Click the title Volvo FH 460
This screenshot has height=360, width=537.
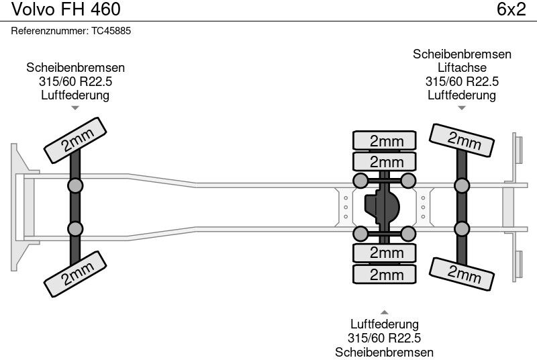[66, 9]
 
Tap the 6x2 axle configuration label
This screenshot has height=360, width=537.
[511, 9]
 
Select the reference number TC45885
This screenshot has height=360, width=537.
[111, 31]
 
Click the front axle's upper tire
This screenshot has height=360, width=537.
[75, 140]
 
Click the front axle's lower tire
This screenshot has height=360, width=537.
[75, 274]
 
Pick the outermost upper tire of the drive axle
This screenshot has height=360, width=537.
[384, 140]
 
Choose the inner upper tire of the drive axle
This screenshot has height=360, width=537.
[384, 161]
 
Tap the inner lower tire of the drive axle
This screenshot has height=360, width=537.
[384, 253]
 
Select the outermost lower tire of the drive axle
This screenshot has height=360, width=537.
[384, 274]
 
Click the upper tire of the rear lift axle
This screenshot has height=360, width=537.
[462, 140]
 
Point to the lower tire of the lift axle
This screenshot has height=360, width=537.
[462, 274]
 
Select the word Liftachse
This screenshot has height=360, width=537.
[462, 67]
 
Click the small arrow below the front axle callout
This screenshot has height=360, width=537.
[75, 108]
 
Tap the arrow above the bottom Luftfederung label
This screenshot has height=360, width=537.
[384, 312]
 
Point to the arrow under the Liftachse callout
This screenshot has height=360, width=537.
[462, 108]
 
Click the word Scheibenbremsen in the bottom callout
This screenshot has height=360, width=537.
[384, 352]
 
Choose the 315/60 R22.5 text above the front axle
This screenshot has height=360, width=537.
[75, 81]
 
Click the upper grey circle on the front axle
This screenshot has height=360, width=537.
[75, 186]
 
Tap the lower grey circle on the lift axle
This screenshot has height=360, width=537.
[462, 229]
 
